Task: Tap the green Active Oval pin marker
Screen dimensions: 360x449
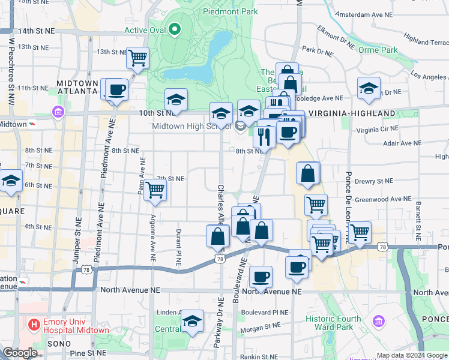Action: (175, 28)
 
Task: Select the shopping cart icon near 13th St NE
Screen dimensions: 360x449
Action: (138, 58)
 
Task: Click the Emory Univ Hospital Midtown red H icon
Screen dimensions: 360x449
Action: (34, 325)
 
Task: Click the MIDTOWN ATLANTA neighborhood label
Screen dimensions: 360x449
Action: (76, 87)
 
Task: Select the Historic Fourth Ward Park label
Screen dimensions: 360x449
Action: (333, 323)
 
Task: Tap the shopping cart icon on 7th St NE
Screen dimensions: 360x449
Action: (155, 190)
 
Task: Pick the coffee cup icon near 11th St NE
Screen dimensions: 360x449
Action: (116, 90)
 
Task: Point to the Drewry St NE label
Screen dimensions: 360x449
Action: (374, 181)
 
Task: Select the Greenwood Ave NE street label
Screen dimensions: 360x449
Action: (384, 199)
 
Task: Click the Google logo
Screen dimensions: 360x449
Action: (20, 353)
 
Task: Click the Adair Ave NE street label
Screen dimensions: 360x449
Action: (402, 143)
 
